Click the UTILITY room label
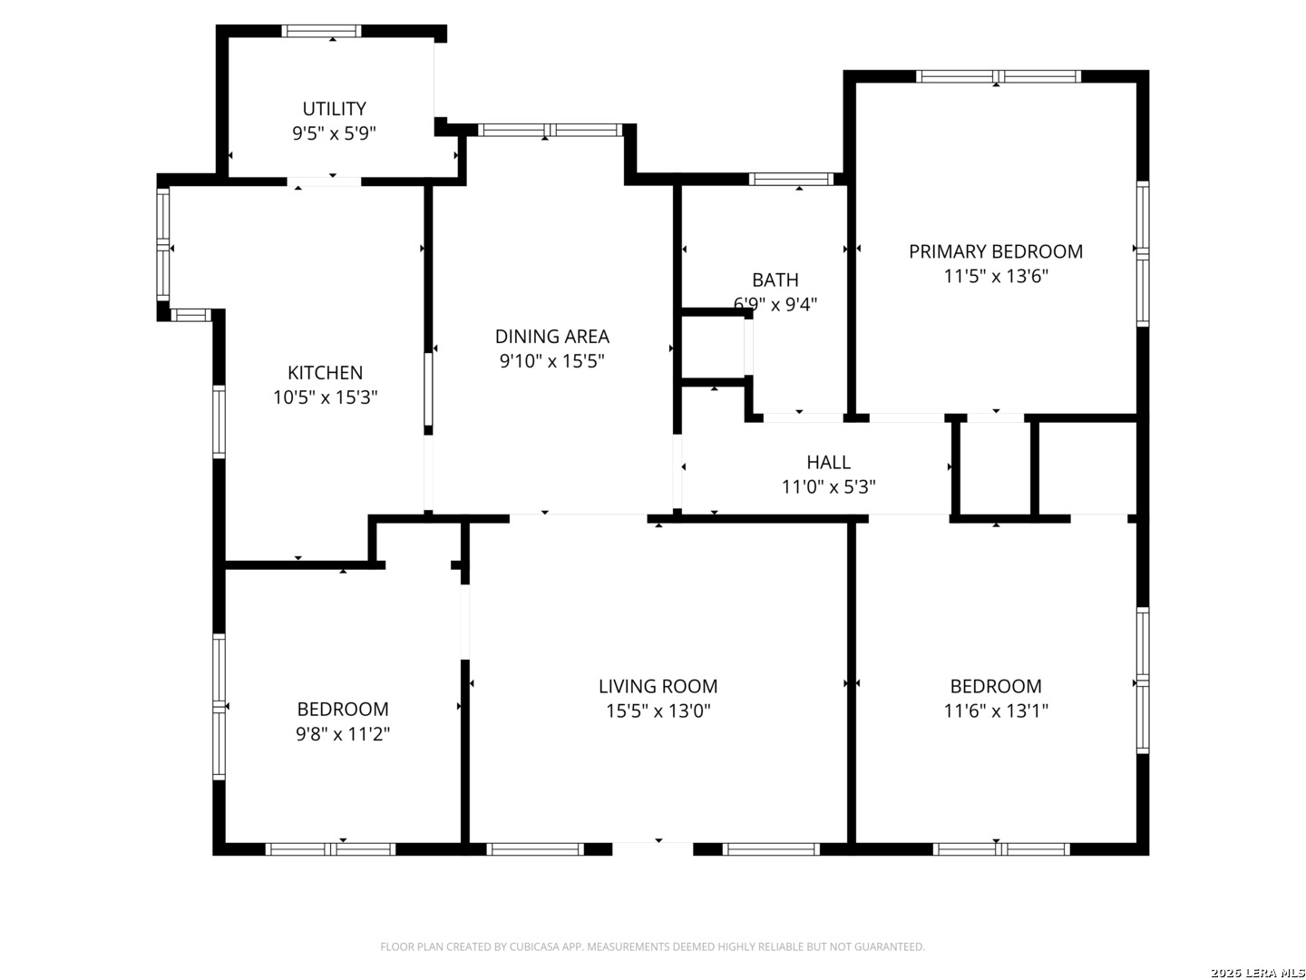click(334, 109)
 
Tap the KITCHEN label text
click(325, 372)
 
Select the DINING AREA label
click(551, 336)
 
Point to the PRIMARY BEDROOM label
click(996, 251)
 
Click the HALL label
click(828, 463)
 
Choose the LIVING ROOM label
click(658, 686)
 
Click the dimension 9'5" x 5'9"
click(334, 133)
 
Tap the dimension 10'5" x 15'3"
click(325, 397)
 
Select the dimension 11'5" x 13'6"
click(996, 276)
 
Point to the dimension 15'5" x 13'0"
click(658, 710)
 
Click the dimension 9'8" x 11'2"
click(343, 734)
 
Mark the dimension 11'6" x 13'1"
click(996, 710)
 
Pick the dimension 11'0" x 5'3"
click(828, 486)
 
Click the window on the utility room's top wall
click(321, 31)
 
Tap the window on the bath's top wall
click(791, 179)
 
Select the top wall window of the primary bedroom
click(998, 76)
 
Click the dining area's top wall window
click(550, 130)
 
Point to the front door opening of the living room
click(653, 848)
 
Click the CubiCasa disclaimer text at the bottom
click(652, 946)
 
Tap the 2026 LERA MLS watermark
click(1257, 973)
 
